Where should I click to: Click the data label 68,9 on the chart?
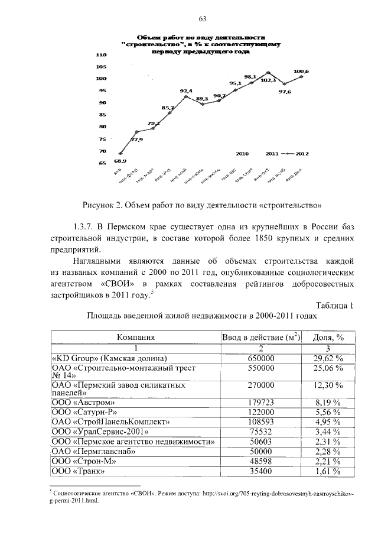coord(120,160)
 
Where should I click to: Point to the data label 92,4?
coord(186,90)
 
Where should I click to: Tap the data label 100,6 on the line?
coord(301,71)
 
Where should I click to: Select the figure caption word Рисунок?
coord(99,206)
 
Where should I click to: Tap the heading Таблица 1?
coord(335,305)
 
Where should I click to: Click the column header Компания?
coord(136,338)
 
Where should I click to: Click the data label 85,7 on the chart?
coord(168,108)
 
